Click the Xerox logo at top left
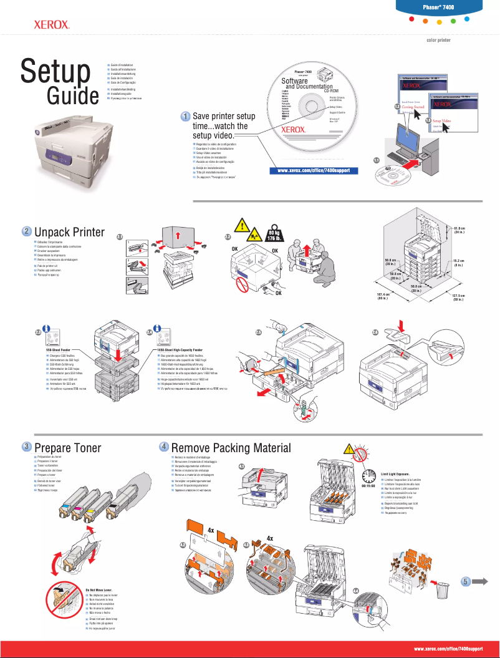(x=51, y=26)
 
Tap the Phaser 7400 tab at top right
(x=447, y=6)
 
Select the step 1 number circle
(x=186, y=117)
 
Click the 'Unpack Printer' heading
(x=69, y=232)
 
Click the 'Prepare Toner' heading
(x=67, y=447)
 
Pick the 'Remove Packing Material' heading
(x=231, y=447)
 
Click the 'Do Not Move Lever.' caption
(x=100, y=589)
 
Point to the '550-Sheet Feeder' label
(x=61, y=351)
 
